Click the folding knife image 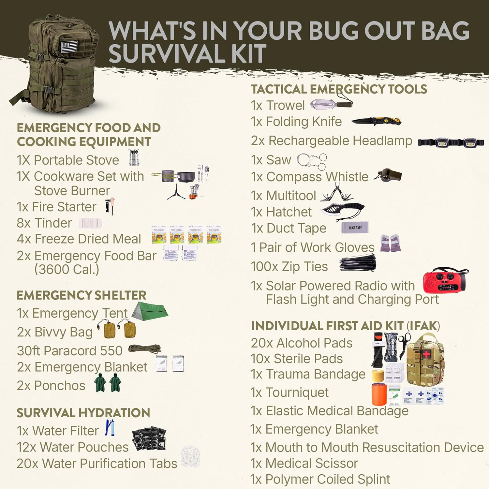coord(376,122)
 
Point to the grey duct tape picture coord(355,228)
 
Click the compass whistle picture coord(388,175)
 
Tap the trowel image coord(331,103)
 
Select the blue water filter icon coord(110,428)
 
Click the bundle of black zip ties coord(358,263)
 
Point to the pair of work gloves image coord(390,243)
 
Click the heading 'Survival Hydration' coord(83,413)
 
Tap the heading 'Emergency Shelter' coord(81,295)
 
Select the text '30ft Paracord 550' coord(70,351)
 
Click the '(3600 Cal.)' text coord(67,269)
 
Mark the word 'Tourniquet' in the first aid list coord(297,393)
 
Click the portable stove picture coord(134,158)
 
